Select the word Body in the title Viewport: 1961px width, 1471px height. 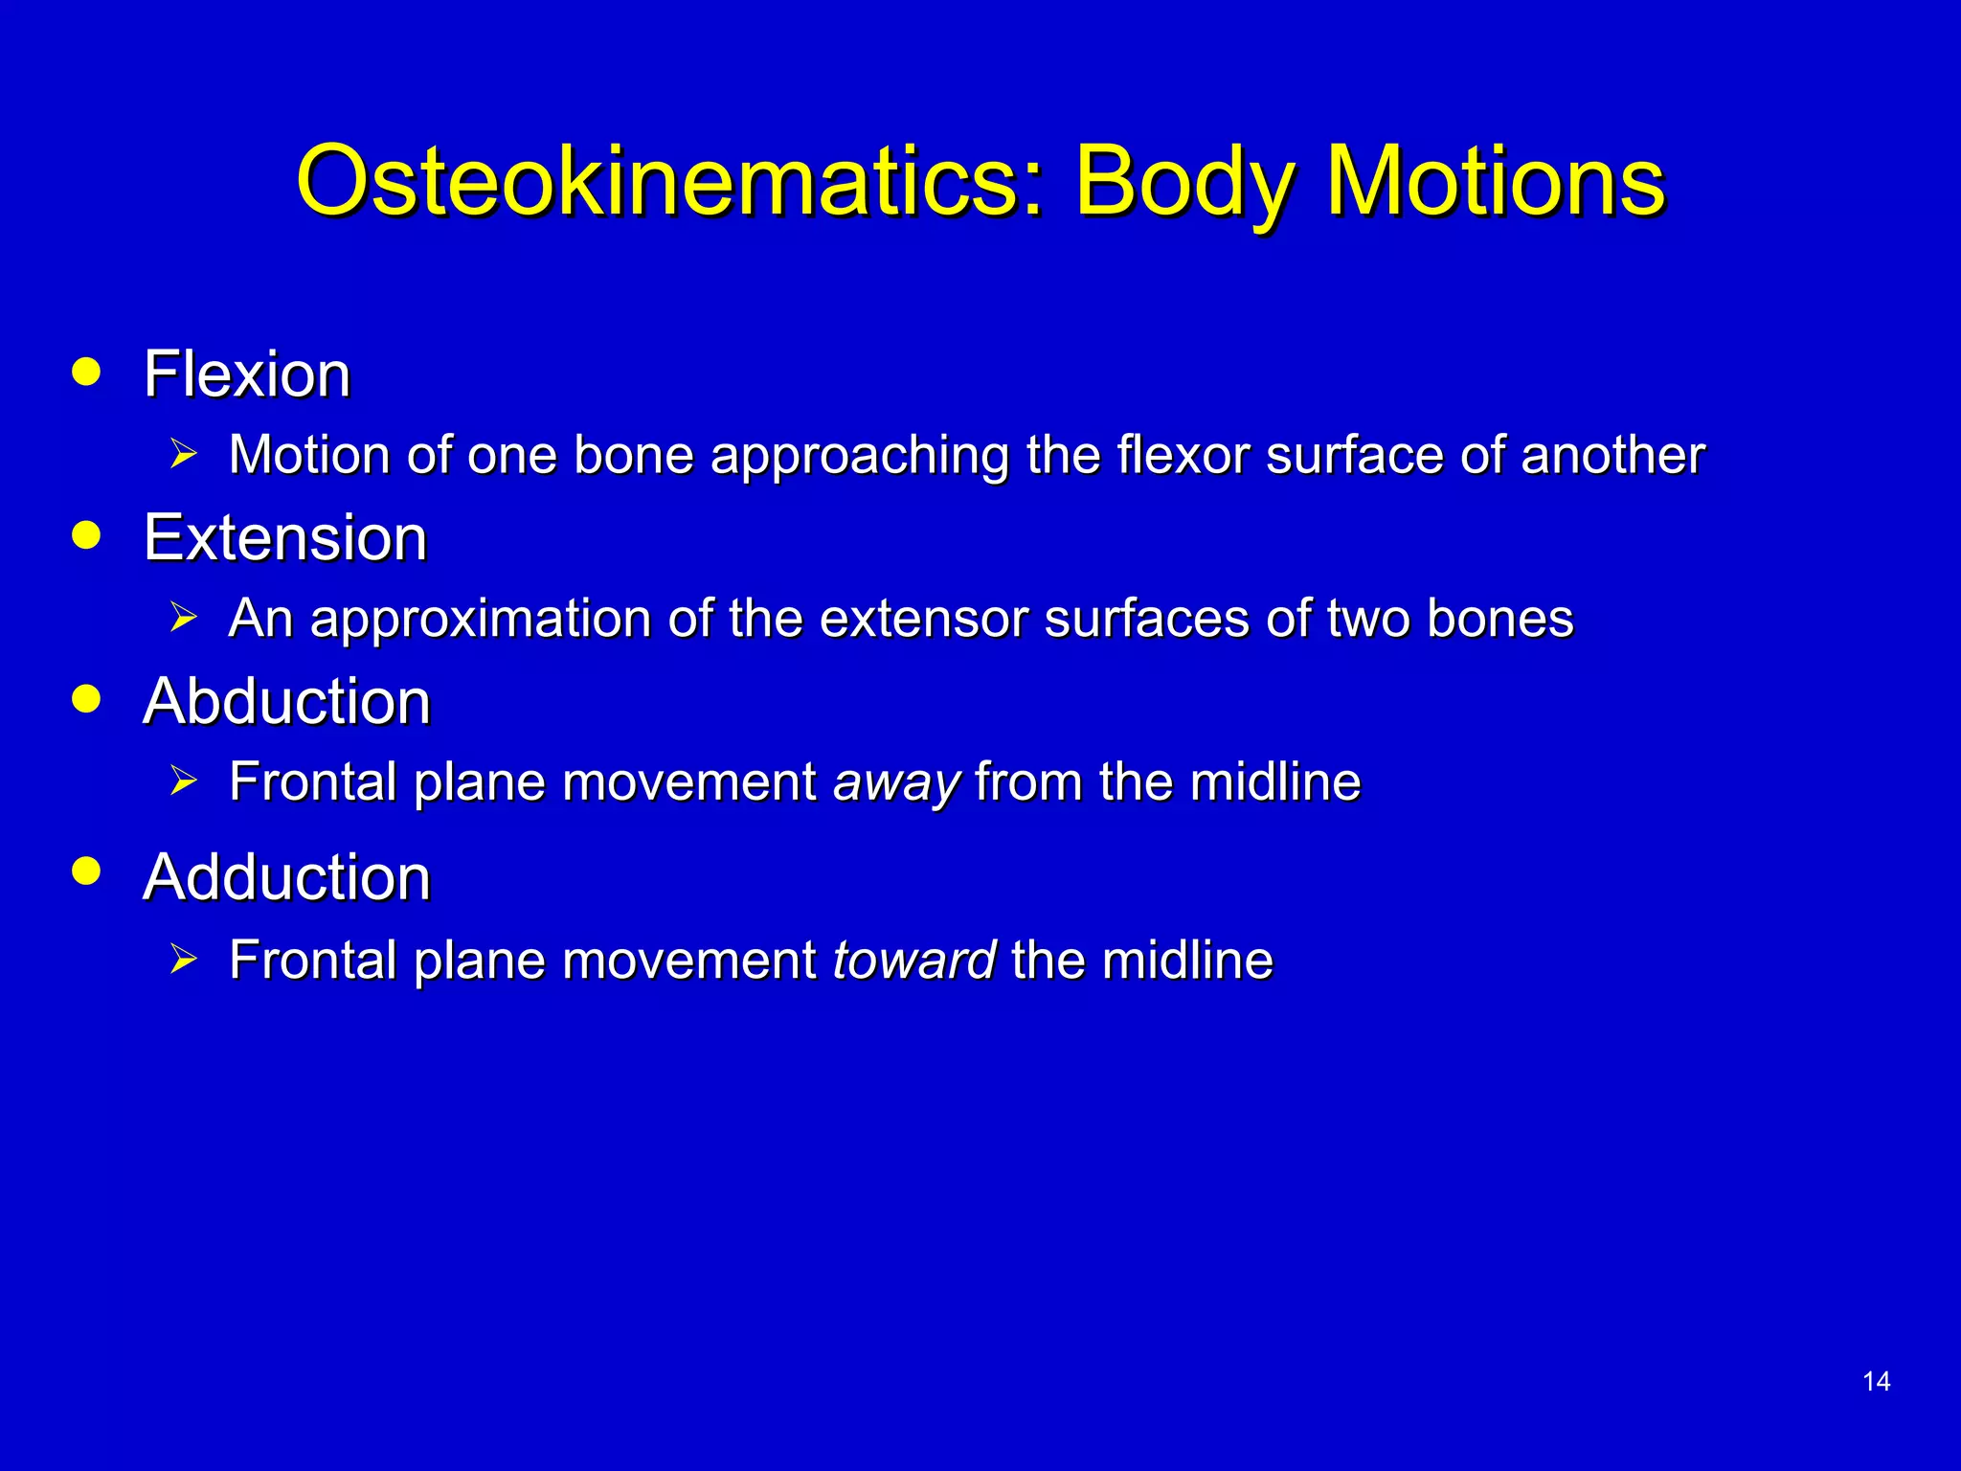1184,182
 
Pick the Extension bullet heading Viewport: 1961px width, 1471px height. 285,537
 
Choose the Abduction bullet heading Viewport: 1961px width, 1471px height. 287,701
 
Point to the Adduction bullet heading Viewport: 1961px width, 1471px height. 287,877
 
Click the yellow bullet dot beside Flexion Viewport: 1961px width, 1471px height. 86,372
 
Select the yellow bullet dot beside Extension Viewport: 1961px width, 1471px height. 86,535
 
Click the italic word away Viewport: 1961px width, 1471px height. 896,782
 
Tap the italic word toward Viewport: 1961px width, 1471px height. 914,961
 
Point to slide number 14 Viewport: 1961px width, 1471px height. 1876,1381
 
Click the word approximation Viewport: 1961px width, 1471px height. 482,619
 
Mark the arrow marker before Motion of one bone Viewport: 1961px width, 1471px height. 183,454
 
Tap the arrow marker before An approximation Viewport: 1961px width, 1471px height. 183,618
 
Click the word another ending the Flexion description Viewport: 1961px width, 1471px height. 1612,455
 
